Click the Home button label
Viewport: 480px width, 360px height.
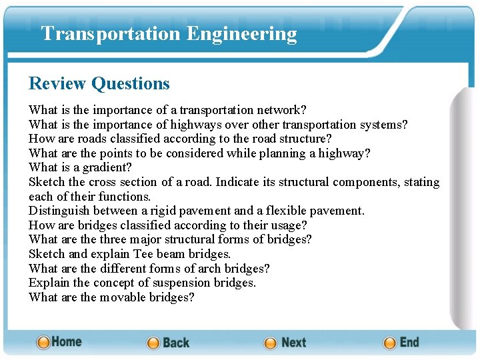(x=67, y=341)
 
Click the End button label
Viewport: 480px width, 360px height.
(x=409, y=342)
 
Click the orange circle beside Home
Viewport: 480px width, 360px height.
(x=43, y=343)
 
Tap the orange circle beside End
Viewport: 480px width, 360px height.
(x=390, y=343)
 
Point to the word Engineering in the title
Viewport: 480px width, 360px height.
(x=242, y=33)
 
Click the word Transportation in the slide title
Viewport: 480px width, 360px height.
(x=111, y=33)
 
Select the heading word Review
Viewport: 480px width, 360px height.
(x=57, y=83)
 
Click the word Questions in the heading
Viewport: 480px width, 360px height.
(x=131, y=83)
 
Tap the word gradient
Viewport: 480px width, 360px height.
(x=107, y=167)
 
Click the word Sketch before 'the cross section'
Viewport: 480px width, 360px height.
(x=47, y=182)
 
